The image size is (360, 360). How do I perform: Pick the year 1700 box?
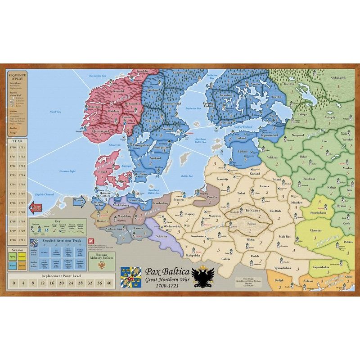point(13,147)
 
